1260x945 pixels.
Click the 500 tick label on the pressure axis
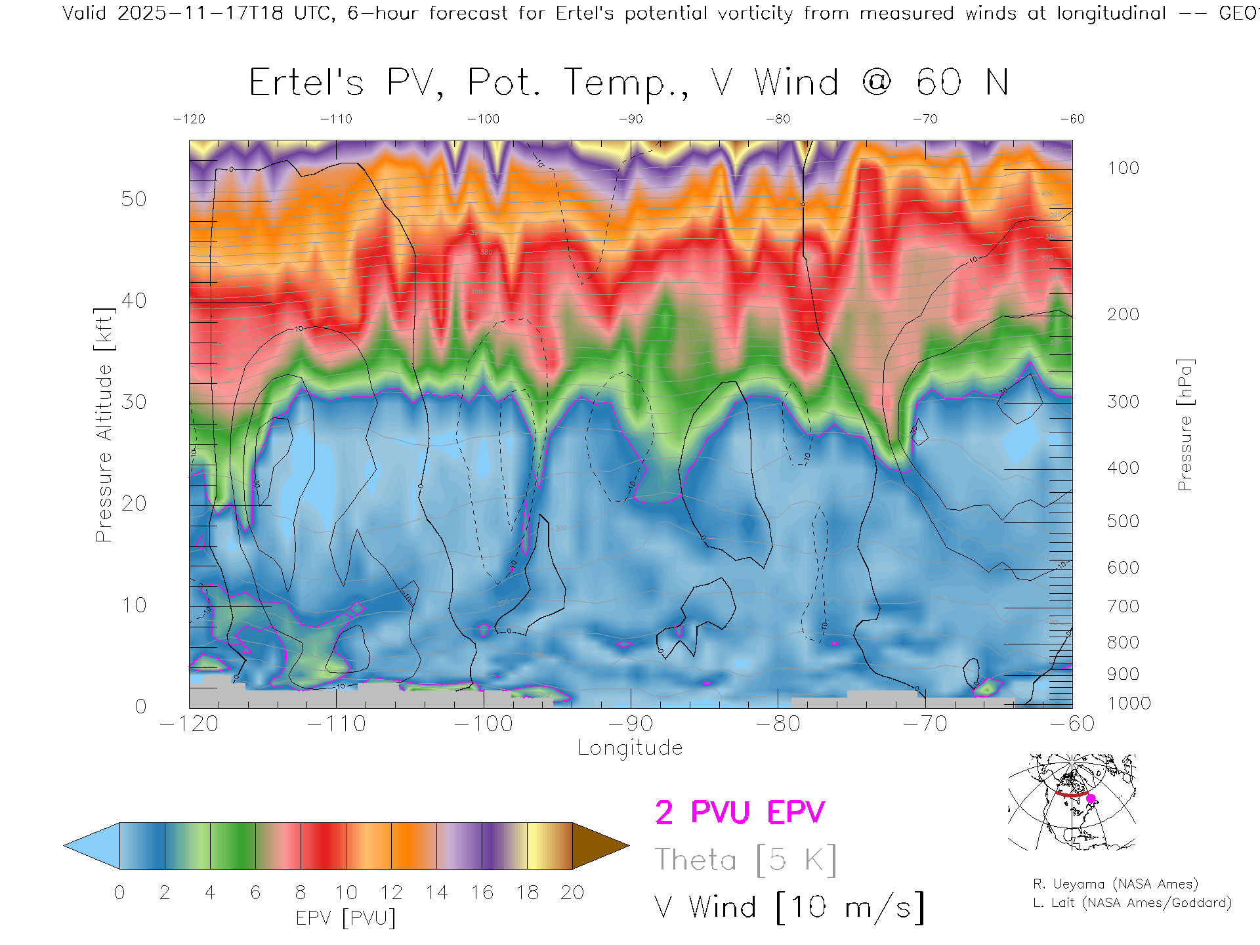coord(1123,521)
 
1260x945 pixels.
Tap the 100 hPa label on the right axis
coord(1123,168)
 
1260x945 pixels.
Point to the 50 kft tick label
coord(133,199)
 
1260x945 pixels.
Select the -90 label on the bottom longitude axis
coord(631,724)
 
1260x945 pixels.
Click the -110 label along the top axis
coord(336,119)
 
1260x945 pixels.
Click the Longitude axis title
coord(630,748)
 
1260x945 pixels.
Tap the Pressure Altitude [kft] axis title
coord(104,425)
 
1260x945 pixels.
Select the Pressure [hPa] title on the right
coord(1185,425)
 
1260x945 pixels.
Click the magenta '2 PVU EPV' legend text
coord(740,812)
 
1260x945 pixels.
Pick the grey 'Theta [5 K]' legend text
coord(745,860)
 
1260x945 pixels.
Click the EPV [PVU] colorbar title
coord(346,918)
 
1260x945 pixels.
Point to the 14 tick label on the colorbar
coord(436,892)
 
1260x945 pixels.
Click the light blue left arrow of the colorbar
coord(93,846)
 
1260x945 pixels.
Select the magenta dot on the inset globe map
coord(1091,799)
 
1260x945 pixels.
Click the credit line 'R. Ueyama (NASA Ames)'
coord(1116,884)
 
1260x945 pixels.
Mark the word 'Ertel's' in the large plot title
coord(306,83)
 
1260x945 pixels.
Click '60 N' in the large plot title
coord(962,83)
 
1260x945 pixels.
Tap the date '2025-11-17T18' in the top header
coord(200,13)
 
